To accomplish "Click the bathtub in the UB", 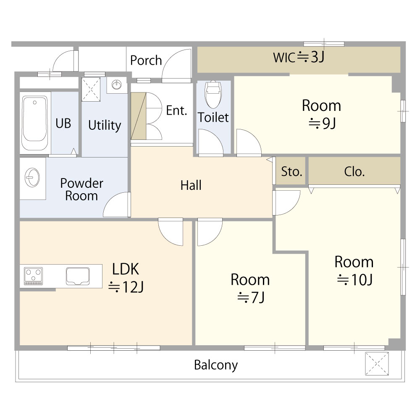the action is pos(34,123).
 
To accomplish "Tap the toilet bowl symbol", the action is pos(213,94).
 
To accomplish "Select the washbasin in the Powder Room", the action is pos(32,178).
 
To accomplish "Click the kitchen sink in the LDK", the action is pos(78,276).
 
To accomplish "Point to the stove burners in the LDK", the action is pos(33,276).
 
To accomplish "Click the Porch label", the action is pos(146,60).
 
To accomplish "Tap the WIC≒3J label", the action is pos(299,57).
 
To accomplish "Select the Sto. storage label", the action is pos(291,171).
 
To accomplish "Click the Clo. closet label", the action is pos(354,171).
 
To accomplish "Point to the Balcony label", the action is pos(216,365).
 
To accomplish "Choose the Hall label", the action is pos(191,185).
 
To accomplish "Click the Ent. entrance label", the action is pos(176,110).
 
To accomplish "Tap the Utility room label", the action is pos(105,125).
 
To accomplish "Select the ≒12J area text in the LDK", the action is pos(126,287).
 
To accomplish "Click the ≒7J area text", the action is pos(251,297).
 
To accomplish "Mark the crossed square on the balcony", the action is pos(377,363).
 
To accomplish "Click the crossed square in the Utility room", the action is pos(91,89).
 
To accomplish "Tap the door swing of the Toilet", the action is pos(210,142).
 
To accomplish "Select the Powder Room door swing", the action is pos(117,205).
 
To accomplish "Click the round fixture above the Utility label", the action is pos(116,85).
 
